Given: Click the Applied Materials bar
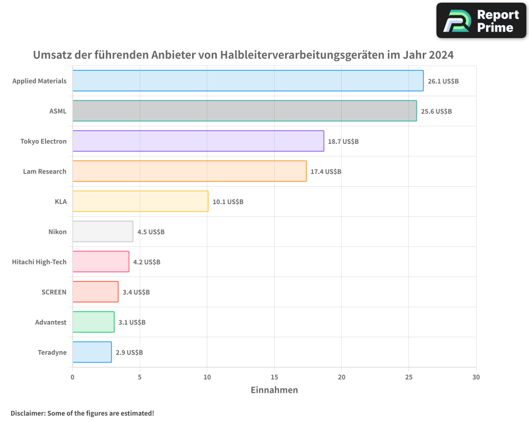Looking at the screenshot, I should (248, 81).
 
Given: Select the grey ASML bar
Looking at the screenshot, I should (244, 111).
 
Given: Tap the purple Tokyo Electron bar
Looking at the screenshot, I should (198, 141).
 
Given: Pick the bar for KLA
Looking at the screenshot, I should (140, 201).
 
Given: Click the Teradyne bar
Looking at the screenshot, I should (92, 352).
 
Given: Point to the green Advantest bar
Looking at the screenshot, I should (93, 322).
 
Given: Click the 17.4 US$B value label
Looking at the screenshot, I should (326, 172).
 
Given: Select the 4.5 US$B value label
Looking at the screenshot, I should (151, 232).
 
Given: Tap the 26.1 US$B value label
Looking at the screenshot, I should (443, 81).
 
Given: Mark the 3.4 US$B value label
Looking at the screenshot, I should (136, 292).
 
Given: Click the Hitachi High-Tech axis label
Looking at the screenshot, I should (39, 262).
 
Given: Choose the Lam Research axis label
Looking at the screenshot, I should (44, 171).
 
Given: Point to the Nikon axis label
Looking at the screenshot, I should (57, 232).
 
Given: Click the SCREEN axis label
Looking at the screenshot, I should (54, 292).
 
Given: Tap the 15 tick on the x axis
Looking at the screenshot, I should (274, 378).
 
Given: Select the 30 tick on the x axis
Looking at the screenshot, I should (476, 378).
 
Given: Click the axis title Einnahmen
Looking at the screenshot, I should (274, 390).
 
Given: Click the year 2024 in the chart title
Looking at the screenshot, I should (441, 55).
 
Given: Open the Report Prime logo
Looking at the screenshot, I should (481, 21).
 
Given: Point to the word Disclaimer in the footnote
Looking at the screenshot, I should (28, 413).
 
